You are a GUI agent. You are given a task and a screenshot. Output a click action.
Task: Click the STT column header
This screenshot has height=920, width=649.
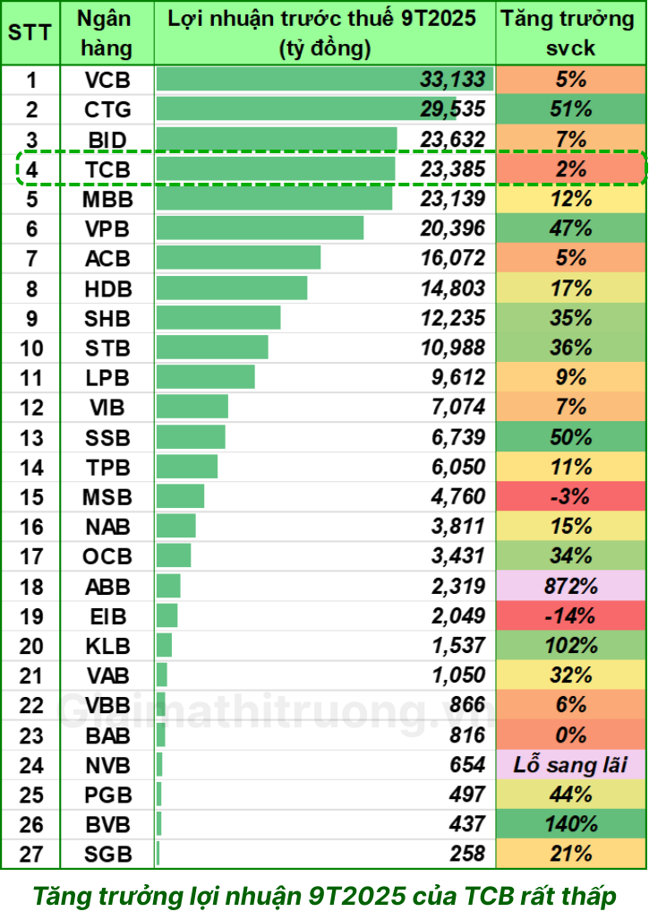coord(30,33)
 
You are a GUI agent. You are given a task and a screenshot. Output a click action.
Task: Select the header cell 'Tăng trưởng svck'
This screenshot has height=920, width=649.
coord(571,33)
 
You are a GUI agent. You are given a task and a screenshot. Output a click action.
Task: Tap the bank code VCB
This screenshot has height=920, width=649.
coord(107,81)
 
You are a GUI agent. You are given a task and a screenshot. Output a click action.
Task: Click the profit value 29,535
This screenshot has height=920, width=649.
coord(452,110)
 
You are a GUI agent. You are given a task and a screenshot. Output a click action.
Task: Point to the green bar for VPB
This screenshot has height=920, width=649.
coord(260,228)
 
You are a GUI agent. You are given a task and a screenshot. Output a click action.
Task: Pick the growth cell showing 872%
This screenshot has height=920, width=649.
coord(571,587)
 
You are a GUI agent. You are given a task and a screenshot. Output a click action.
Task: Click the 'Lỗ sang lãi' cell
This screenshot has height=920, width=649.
coord(571,766)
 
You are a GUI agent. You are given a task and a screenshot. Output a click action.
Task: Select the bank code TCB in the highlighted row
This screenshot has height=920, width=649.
coord(107,169)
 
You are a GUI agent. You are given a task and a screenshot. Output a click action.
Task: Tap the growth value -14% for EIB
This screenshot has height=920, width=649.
coord(571,616)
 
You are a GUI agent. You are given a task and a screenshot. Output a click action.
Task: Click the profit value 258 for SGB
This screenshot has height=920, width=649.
coord(465,855)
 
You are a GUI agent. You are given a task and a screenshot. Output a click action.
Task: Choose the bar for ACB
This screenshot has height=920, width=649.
coord(238,258)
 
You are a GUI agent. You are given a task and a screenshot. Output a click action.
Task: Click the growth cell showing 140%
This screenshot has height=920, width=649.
coord(571,825)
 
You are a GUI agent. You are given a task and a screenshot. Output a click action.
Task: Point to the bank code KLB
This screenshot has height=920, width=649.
coord(107,646)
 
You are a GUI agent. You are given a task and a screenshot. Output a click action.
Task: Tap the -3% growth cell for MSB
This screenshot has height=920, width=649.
coord(571,497)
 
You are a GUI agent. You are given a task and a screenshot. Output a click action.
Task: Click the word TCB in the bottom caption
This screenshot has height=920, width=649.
coord(488,895)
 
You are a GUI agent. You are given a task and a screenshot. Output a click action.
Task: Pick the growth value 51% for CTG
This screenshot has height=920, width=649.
coord(571,110)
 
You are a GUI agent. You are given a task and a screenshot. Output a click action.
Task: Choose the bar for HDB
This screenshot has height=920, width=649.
coord(231,288)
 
